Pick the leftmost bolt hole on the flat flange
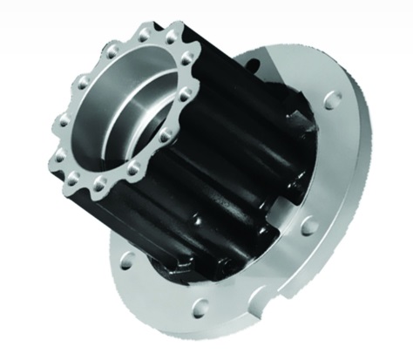click(x=127, y=260)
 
